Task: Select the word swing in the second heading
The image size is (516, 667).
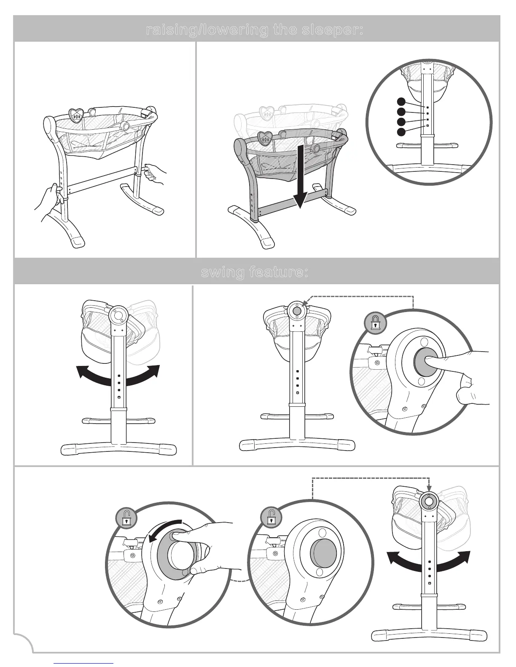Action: point(222,272)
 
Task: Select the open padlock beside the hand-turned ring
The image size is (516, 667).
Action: point(126,518)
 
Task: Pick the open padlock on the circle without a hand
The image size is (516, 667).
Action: point(271,518)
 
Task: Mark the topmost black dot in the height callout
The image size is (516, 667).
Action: point(401,101)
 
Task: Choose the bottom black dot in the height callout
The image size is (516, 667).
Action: point(401,132)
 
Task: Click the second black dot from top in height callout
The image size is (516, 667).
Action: point(401,111)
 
